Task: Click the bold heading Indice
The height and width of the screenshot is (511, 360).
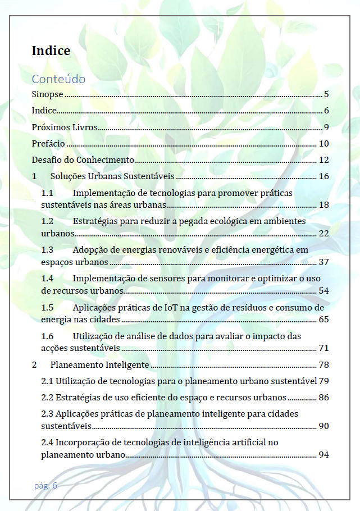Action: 51,51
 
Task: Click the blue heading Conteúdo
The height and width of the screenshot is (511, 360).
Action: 58,79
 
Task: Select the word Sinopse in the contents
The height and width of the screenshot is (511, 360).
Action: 47,94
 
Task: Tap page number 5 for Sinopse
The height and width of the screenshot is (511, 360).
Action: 326,94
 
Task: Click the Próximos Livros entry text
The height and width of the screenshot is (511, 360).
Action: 65,127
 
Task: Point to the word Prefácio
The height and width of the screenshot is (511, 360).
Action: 48,144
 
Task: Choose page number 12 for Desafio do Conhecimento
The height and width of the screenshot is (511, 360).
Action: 323,160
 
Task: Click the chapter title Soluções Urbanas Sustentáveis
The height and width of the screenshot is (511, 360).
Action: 112,176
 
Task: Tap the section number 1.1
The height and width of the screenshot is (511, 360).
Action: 48,193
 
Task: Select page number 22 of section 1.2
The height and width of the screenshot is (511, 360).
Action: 323,233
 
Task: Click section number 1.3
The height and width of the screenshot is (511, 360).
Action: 48,249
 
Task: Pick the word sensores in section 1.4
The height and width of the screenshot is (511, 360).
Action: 181,278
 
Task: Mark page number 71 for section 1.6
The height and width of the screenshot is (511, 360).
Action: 323,348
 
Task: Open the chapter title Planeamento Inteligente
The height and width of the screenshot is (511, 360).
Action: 99,365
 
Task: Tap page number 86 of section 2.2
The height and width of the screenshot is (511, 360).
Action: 323,398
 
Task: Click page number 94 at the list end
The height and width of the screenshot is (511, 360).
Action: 323,454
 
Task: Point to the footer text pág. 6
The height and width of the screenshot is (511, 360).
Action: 45,486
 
